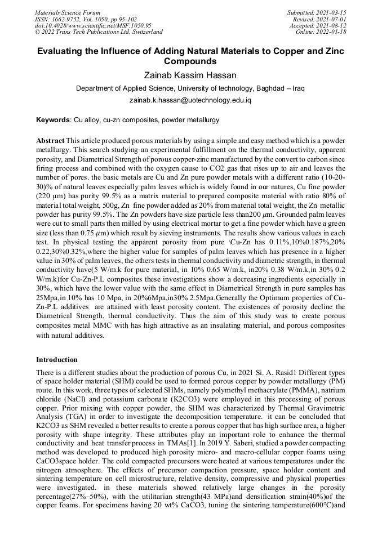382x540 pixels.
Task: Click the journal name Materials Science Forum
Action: click(x=68, y=12)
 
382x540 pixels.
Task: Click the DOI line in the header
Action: click(x=93, y=25)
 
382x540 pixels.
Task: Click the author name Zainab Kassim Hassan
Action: click(x=190, y=74)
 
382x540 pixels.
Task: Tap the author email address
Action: click(x=190, y=100)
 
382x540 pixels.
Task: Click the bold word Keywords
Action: click(x=53, y=120)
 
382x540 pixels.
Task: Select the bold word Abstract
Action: click(x=50, y=140)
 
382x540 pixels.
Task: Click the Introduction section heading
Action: click(x=57, y=359)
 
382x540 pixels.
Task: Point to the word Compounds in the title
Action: click(x=190, y=61)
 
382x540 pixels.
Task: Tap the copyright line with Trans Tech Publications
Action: click(x=99, y=32)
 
